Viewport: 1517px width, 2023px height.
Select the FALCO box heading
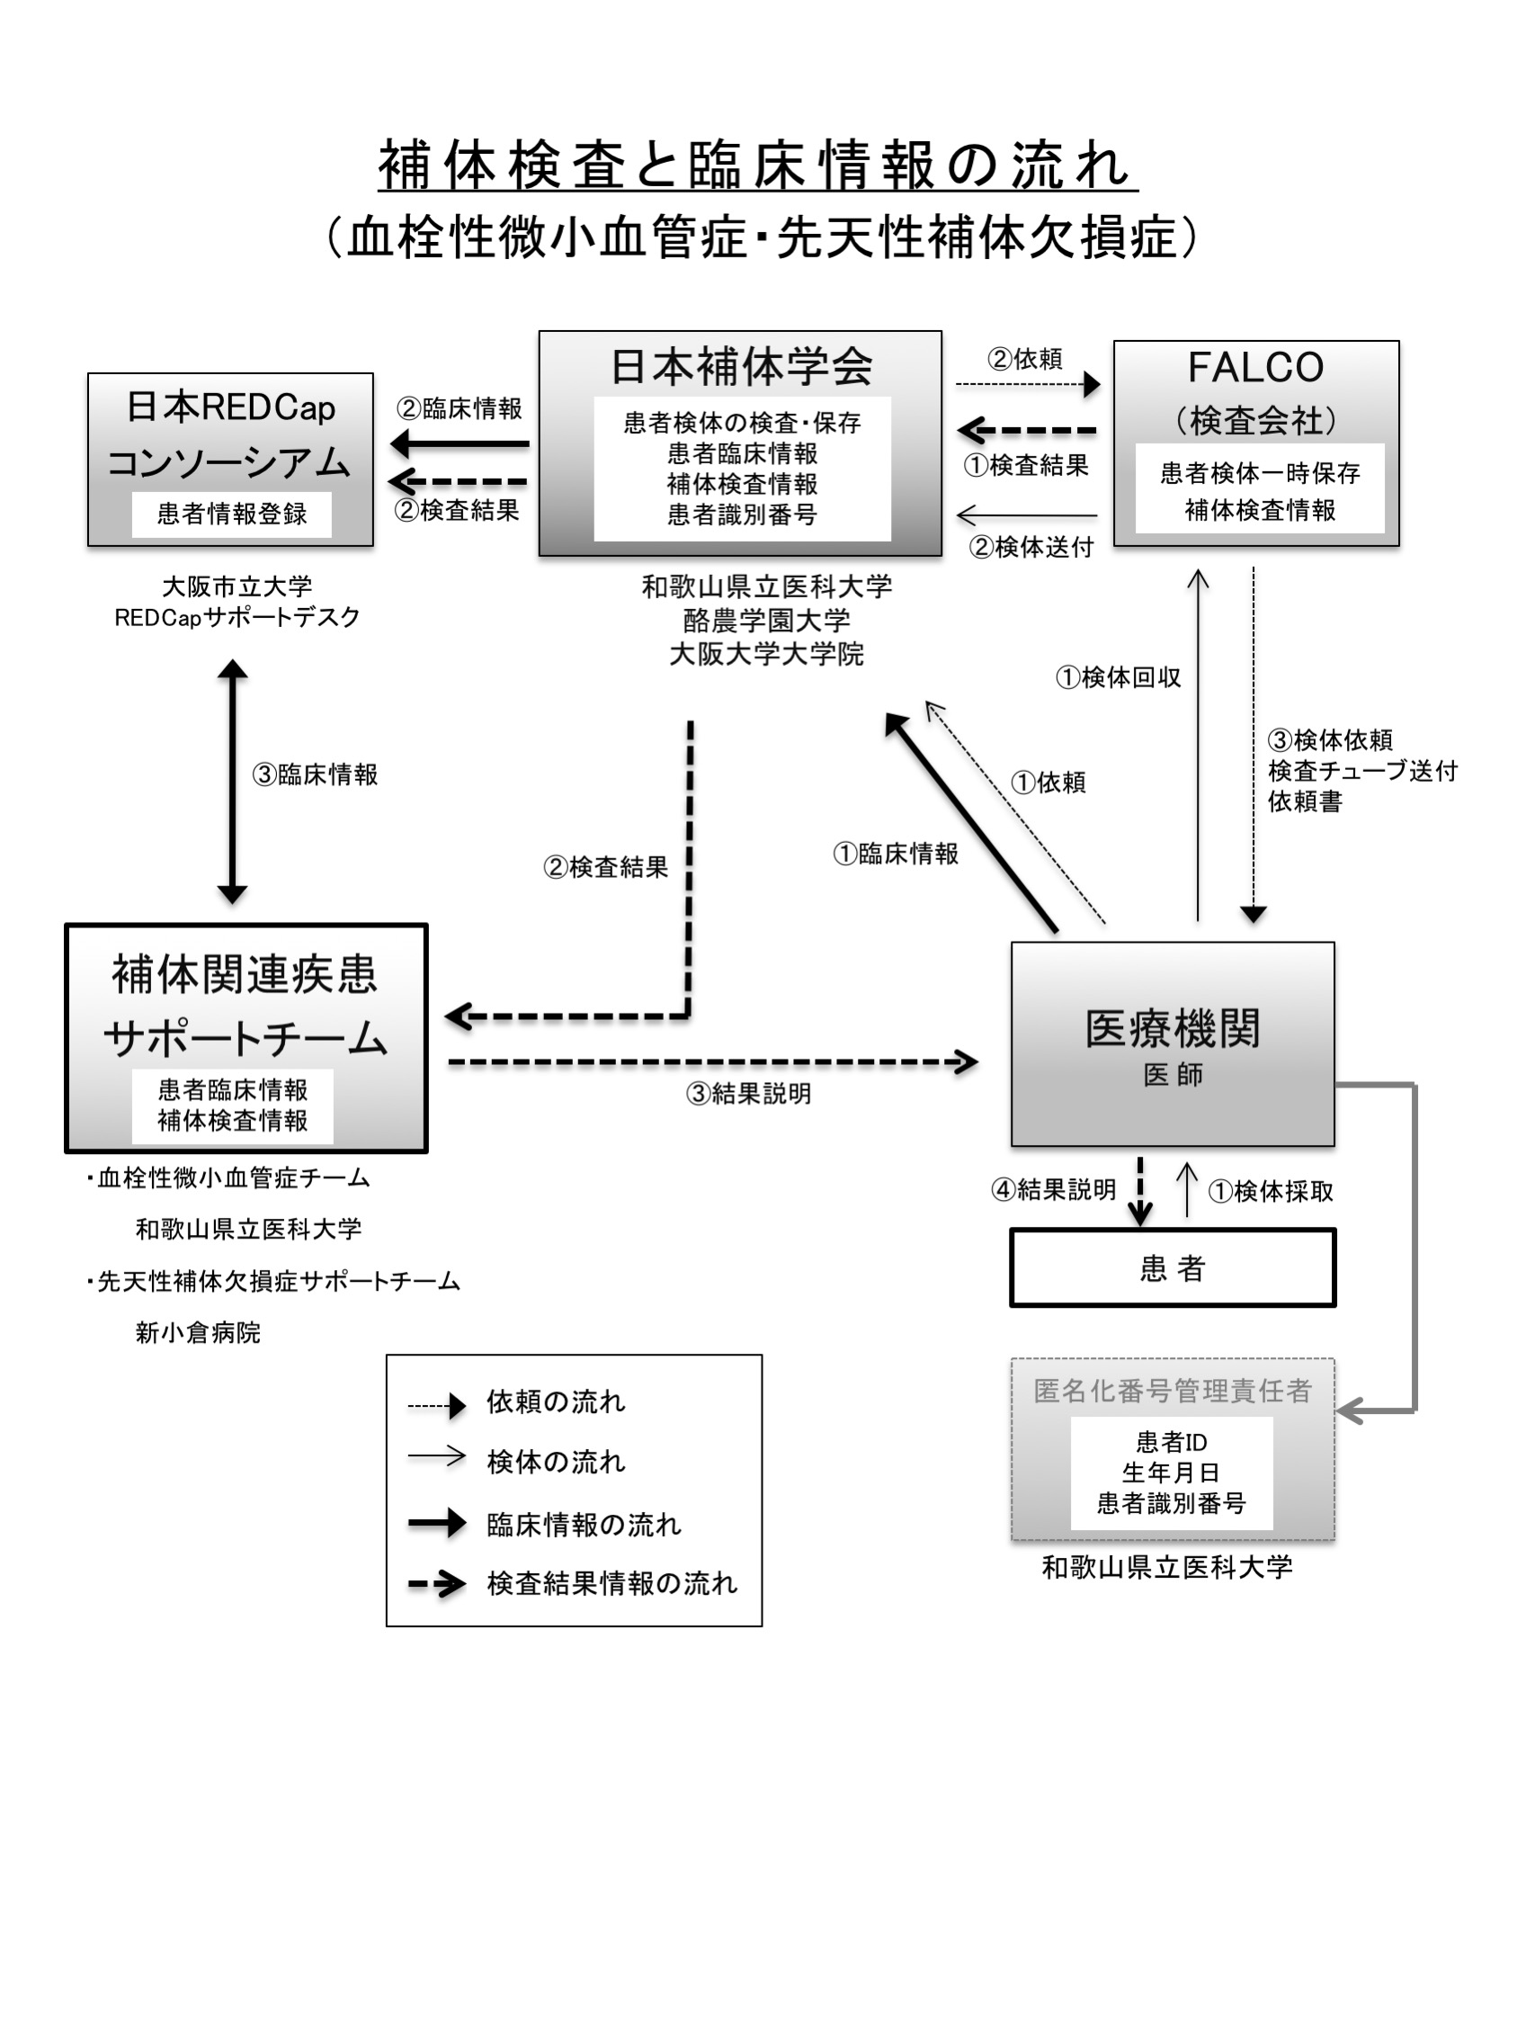(1254, 368)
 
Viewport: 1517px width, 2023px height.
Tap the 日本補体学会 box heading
(741, 366)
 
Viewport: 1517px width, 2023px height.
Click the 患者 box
(1172, 1267)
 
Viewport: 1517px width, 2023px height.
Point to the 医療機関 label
(1172, 1028)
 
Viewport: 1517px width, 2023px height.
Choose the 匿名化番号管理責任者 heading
(1172, 1391)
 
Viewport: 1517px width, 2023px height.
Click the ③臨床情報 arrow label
(315, 774)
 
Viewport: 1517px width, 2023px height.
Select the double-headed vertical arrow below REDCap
(232, 781)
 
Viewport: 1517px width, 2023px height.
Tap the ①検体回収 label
(1118, 677)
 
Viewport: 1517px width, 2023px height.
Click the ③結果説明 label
(748, 1094)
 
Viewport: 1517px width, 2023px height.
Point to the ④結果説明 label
(1053, 1190)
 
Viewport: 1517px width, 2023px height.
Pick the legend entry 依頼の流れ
(555, 1402)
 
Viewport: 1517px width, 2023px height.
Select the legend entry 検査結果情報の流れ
(611, 1583)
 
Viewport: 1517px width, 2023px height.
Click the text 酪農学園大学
(766, 621)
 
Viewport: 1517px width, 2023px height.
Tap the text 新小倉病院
(198, 1332)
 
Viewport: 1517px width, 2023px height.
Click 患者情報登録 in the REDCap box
(231, 514)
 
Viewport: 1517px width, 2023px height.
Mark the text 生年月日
(1171, 1472)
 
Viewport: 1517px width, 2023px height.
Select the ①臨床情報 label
(896, 854)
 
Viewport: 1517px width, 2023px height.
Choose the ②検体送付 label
(1031, 547)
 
